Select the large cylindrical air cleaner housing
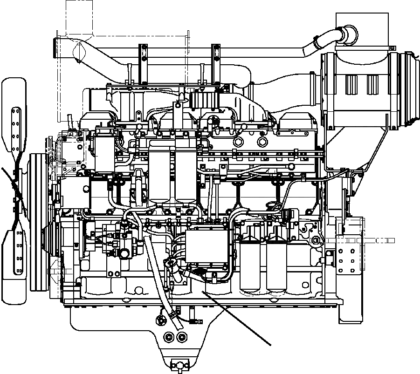coord(359,91)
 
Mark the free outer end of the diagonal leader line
coord(271,345)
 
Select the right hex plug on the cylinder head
coord(262,142)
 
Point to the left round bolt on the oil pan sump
coord(168,336)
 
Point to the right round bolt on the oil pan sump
coord(180,336)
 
